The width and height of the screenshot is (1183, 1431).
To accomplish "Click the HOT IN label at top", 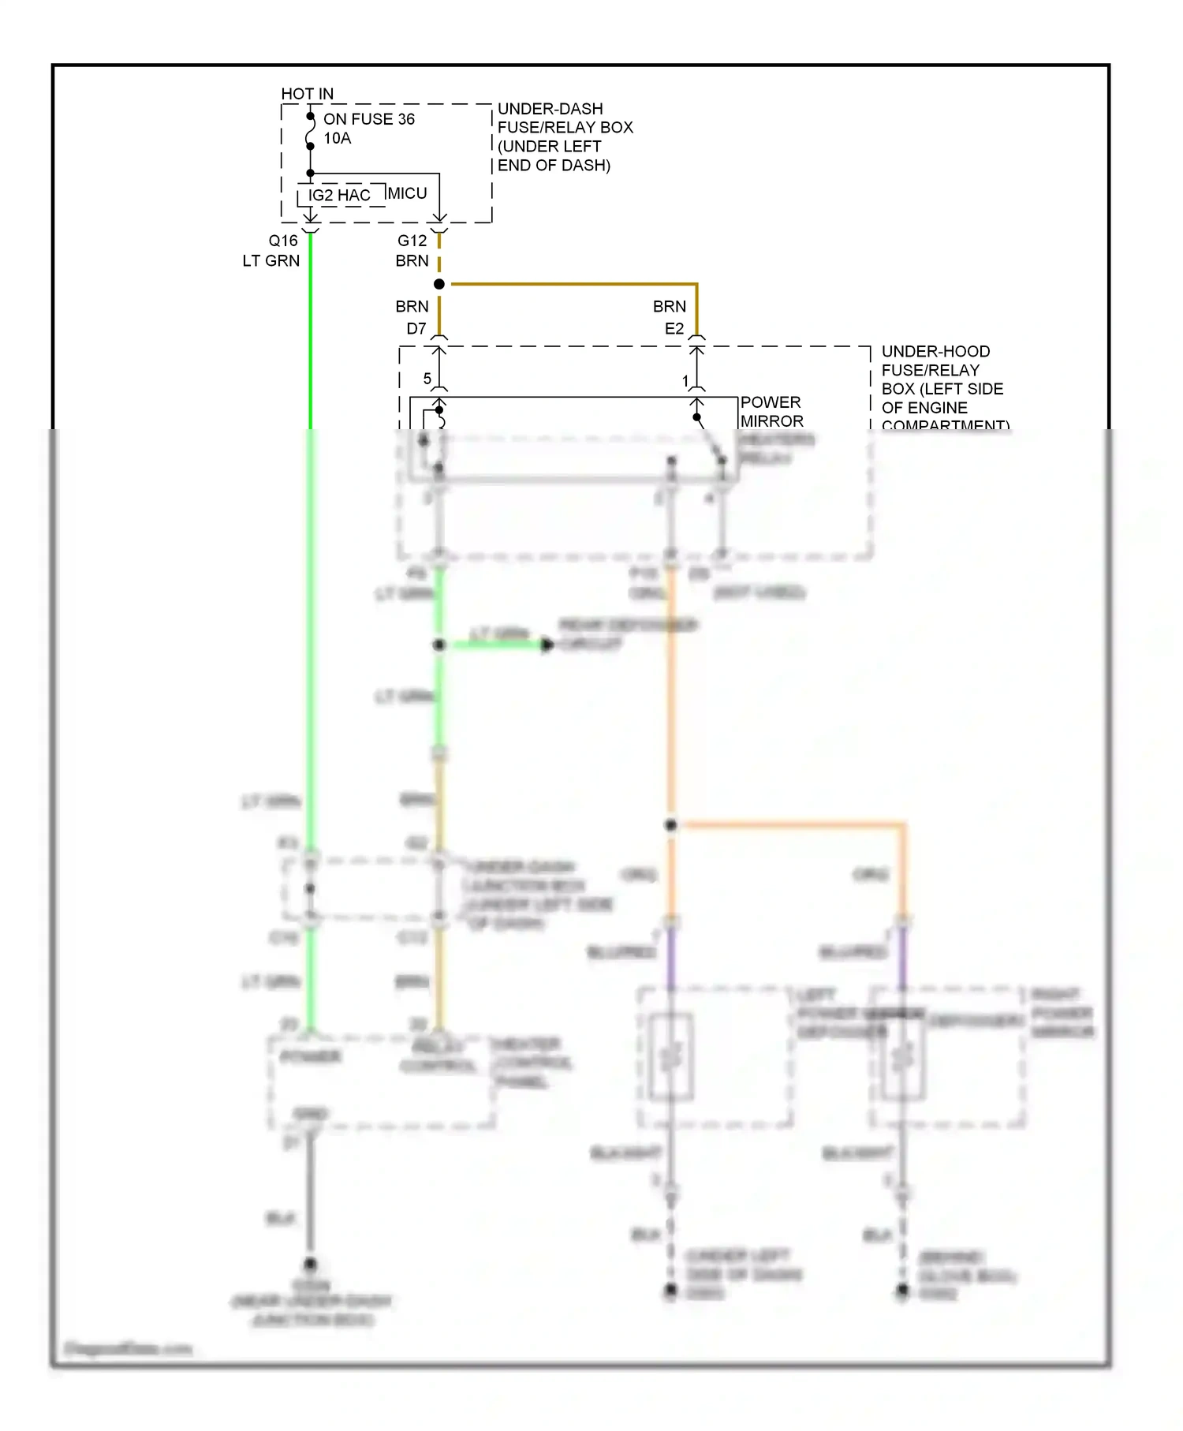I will (307, 94).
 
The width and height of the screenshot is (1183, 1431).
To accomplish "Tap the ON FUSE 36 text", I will (368, 119).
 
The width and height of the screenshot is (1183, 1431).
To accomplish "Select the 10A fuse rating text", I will (337, 138).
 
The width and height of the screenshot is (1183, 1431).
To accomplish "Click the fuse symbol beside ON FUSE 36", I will (310, 132).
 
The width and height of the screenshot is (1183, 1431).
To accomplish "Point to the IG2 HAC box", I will (339, 196).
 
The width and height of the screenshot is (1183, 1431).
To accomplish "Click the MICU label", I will (407, 193).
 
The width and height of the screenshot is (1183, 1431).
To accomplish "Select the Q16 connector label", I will (283, 241).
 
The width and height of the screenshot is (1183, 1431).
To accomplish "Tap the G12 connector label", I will (412, 241).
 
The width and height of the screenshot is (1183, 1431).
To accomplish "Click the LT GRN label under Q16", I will (271, 260).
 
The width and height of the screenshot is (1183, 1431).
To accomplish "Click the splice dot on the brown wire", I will (439, 284).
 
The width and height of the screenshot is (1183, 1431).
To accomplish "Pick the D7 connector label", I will (416, 328).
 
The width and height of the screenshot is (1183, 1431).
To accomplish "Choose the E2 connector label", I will (674, 328).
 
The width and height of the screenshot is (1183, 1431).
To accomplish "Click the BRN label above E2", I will (669, 306).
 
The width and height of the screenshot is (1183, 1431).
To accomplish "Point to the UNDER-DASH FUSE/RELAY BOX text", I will (564, 136).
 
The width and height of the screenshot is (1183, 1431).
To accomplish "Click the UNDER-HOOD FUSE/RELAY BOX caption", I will (942, 388).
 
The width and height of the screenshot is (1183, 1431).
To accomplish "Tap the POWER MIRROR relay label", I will (771, 412).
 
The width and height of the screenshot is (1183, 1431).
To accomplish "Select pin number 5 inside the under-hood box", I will (427, 379).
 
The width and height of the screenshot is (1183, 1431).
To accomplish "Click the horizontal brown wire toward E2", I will (568, 283).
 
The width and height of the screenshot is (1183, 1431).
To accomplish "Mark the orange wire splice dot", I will (670, 825).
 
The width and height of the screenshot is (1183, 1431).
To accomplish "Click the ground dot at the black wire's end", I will (310, 1264).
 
